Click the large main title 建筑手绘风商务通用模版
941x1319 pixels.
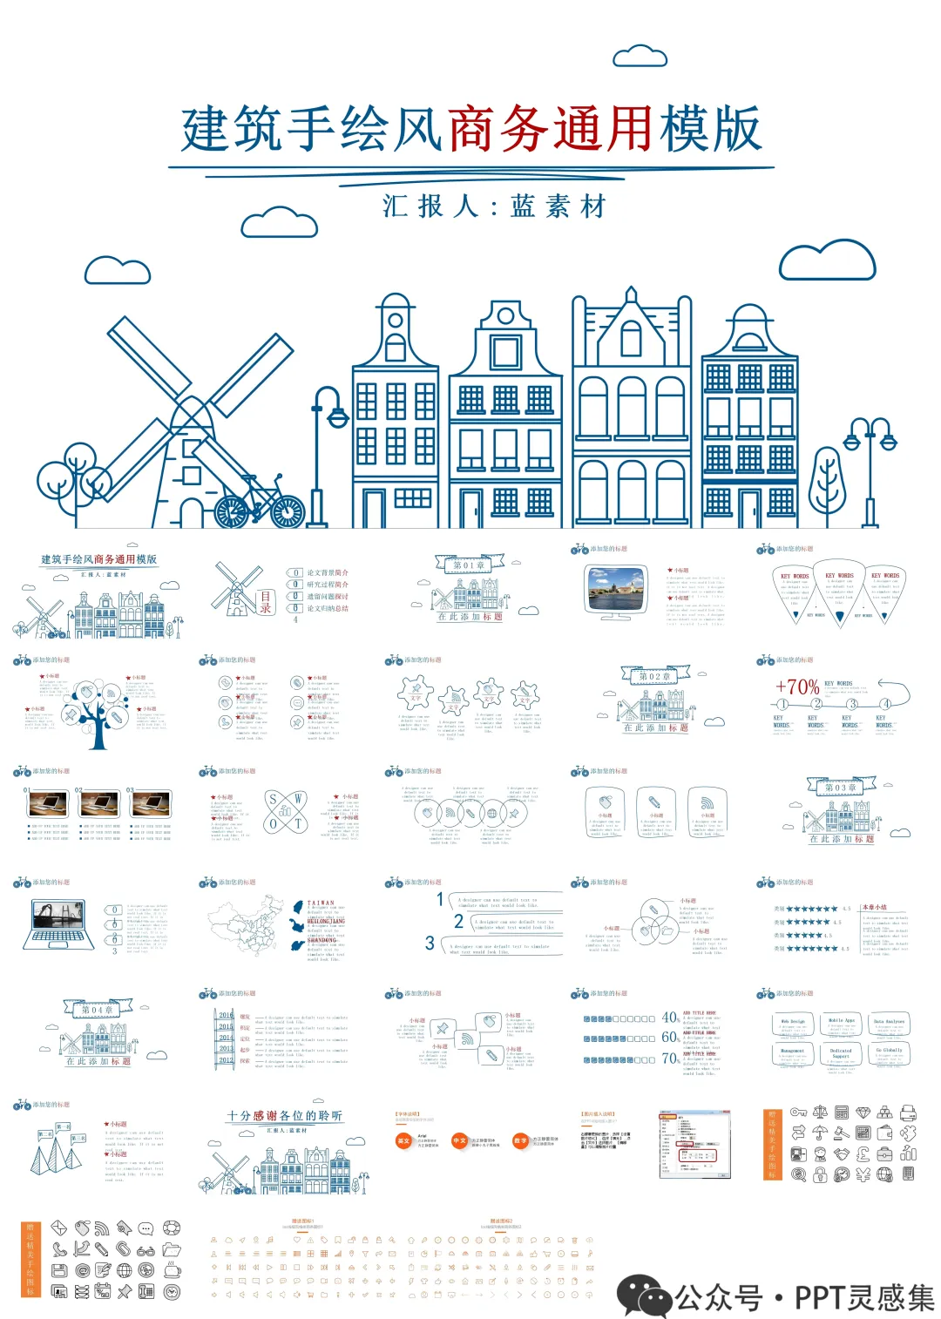pos(471,130)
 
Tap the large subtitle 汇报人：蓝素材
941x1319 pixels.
pos(493,206)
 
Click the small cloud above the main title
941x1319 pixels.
pos(640,57)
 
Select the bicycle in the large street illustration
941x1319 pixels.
pos(259,503)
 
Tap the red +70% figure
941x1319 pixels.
pos(796,687)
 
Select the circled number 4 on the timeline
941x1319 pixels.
pos(885,704)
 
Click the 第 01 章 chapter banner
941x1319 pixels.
pos(469,565)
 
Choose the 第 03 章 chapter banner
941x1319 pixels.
pos(841,788)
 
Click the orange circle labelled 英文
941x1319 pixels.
pos(403,1140)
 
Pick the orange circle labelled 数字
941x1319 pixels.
pos(520,1140)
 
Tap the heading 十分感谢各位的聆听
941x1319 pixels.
pos(285,1116)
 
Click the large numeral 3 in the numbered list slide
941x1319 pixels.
pos(430,943)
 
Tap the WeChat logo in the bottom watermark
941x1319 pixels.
pos(643,1296)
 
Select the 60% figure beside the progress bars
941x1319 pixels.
pos(670,1038)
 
